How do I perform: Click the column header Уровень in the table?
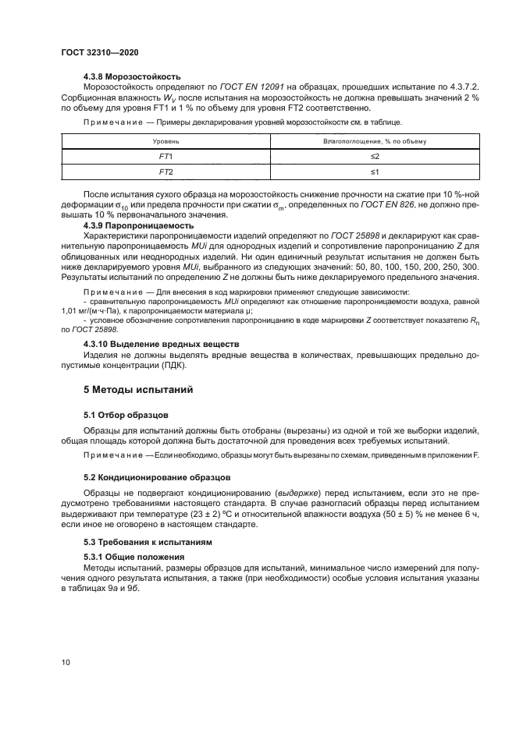tap(165, 142)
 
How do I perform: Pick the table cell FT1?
tap(165, 157)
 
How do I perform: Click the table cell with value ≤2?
tap(374, 157)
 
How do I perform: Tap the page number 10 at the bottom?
tap(66, 662)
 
